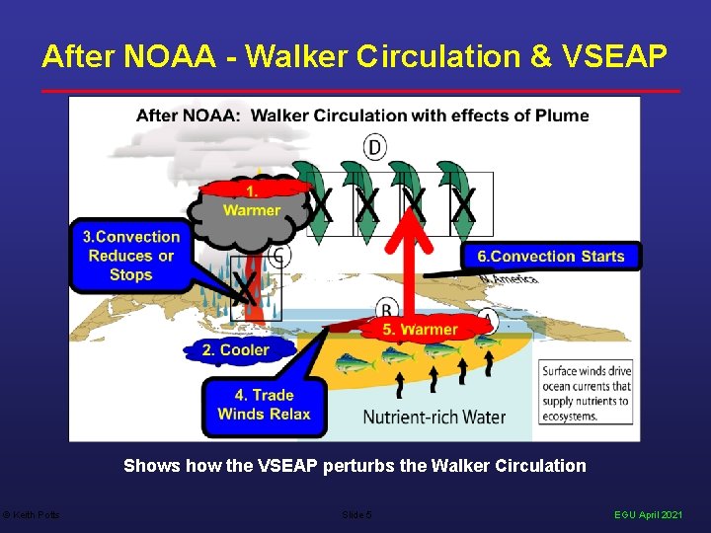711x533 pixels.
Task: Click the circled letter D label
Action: [374, 148]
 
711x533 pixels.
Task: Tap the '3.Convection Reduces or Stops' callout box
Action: [131, 256]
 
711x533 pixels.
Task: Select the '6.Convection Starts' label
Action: [551, 257]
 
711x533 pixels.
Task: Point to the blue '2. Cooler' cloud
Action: [235, 349]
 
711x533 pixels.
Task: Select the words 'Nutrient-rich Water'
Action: [434, 417]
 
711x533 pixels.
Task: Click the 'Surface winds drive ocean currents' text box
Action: [586, 393]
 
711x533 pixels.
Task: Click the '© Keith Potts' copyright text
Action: [31, 515]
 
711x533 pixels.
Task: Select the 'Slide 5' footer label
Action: [355, 515]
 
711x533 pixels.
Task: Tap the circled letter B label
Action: [388, 311]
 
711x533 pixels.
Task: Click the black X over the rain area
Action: [243, 289]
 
